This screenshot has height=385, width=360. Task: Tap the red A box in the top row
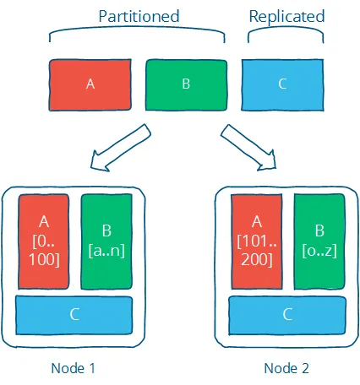90,84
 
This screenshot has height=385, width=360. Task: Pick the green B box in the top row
186,84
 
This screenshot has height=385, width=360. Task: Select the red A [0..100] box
45,241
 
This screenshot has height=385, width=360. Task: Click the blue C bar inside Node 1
74,314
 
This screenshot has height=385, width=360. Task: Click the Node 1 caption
74,368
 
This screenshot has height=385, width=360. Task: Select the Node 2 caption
286,368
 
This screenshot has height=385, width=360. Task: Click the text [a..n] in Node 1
106,250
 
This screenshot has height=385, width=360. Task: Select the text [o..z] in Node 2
319,250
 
